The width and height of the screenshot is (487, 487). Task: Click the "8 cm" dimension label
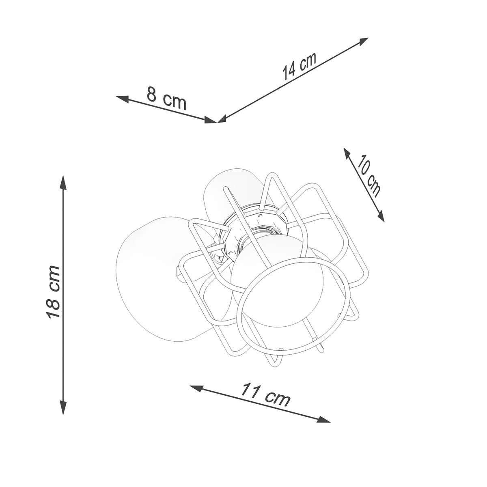tap(166, 99)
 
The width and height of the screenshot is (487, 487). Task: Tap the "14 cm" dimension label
tap(299, 66)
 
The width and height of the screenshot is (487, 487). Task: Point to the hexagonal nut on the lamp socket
tap(266, 225)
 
